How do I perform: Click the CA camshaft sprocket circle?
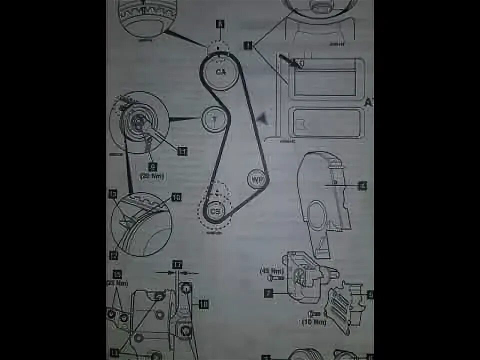coord(220,72)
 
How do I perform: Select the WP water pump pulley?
coord(258,178)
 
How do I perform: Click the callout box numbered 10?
coord(176,197)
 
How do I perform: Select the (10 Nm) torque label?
coord(313,322)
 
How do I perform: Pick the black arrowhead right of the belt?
coord(262,118)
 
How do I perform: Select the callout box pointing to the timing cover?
coord(362,186)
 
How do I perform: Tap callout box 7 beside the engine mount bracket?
coord(268,293)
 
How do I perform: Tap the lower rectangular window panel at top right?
coord(326,122)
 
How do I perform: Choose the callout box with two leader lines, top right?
coord(247,45)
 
